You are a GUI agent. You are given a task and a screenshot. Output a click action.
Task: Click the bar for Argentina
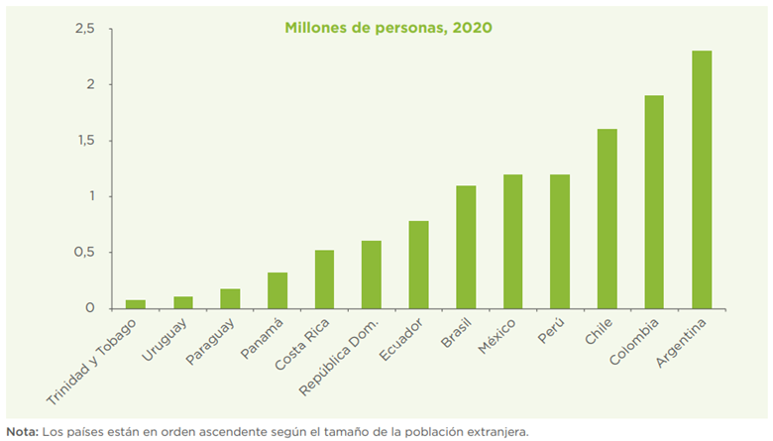tap(701, 179)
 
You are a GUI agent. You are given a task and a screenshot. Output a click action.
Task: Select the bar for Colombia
tap(654, 202)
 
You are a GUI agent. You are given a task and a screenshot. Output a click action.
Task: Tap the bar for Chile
tap(607, 219)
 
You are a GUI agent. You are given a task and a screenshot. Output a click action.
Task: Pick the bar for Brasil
tap(465, 247)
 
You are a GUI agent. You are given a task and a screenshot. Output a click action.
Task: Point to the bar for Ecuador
tap(418, 265)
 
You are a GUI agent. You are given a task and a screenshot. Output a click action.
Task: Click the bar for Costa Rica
tap(324, 279)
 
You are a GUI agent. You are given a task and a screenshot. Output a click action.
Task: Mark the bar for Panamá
tap(277, 290)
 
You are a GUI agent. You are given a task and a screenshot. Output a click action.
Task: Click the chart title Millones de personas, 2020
tap(388, 28)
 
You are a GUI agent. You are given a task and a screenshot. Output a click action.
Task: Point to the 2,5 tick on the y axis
tap(84, 29)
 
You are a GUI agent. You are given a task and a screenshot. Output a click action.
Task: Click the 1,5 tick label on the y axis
tap(84, 141)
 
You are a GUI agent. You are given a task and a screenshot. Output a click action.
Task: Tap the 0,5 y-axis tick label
tap(84, 253)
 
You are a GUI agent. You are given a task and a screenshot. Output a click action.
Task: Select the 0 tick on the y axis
tap(90, 308)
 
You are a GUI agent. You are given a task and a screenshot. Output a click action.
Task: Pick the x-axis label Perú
tap(551, 331)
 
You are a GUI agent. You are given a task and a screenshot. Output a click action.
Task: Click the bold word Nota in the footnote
tap(21, 431)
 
